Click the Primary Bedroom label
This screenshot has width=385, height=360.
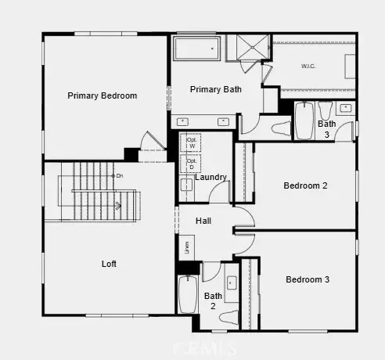tap(103, 96)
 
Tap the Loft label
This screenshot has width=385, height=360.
tap(109, 264)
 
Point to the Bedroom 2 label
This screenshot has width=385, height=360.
tap(305, 185)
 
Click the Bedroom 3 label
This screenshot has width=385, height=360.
tap(307, 279)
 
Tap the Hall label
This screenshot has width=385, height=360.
tap(203, 221)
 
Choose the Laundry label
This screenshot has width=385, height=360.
tap(211, 178)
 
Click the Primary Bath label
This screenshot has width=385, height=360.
tap(216, 89)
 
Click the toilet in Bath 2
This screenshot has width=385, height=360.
tap(229, 315)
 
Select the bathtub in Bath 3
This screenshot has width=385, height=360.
tap(304, 121)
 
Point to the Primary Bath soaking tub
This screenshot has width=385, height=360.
tap(196, 49)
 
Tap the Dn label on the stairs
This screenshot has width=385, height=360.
tap(120, 175)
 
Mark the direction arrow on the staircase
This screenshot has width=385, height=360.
tap(117, 206)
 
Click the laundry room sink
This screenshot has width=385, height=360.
tap(187, 185)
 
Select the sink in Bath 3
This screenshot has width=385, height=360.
tap(346, 107)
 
